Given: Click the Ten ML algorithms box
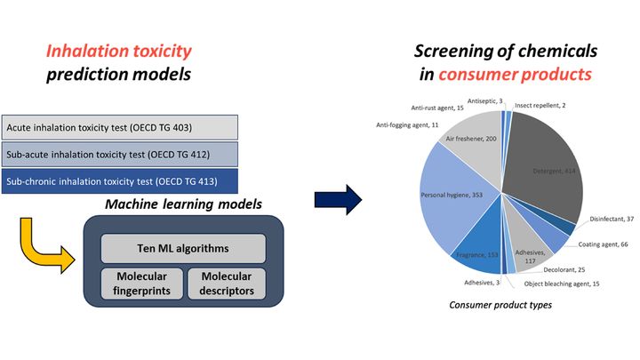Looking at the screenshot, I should pos(182,248).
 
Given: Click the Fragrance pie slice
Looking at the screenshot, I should pos(478,252).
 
